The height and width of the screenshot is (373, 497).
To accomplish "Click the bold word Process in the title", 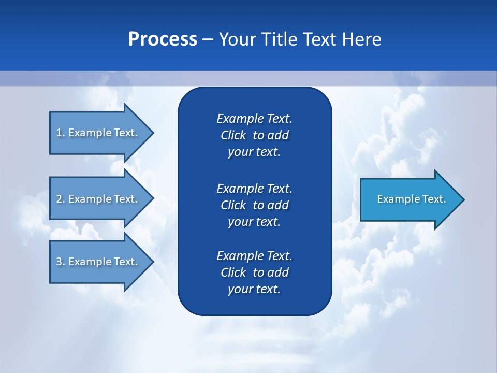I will pos(163,39).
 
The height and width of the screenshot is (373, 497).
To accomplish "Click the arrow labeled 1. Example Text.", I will pos(97,133).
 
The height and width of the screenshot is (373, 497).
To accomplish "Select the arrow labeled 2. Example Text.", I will pos(97,199).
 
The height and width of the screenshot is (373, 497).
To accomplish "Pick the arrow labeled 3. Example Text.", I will pos(97,262).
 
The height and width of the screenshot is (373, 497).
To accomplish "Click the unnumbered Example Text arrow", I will pos(411,199).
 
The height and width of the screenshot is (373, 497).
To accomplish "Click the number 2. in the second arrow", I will pos(61,199).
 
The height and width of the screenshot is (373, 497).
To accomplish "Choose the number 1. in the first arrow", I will pos(61,133).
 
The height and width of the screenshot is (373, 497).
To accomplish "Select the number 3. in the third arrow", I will pos(61,262).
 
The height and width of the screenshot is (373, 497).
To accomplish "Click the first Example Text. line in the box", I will pos(254,119).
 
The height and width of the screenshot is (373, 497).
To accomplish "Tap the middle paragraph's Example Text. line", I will pos(254,188).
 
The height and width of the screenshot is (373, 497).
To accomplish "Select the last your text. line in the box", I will pos(254,289).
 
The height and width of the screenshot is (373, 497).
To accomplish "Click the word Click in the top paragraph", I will pos(233,135).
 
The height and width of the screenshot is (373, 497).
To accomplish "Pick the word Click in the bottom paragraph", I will pos(233,272).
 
